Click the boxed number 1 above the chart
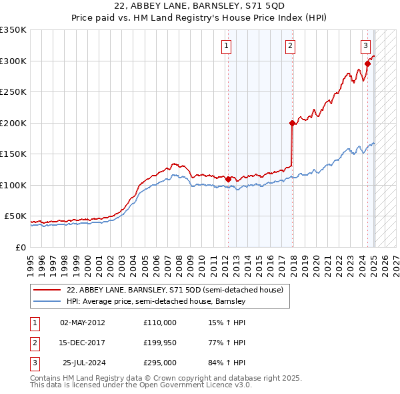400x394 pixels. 227,46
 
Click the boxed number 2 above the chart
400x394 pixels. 291,46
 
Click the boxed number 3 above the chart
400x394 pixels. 366,46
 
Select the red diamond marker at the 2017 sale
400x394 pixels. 292,123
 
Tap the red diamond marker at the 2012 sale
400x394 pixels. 228,179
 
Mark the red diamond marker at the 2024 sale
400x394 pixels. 367,64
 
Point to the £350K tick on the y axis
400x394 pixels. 13,30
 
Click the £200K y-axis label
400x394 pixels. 13,123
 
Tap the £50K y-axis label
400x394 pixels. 15,216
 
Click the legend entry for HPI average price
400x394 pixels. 156,301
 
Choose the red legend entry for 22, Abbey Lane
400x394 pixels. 175,290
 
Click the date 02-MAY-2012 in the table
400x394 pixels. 82,323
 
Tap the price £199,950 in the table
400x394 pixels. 159,343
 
